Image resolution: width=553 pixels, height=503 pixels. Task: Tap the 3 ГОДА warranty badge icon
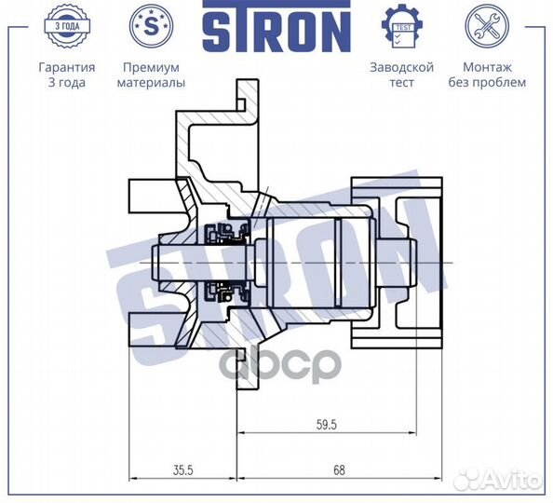pyautogui.click(x=66, y=26)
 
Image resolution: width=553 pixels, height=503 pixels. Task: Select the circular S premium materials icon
pyautogui.click(x=151, y=26)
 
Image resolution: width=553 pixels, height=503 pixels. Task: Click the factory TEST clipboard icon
pyautogui.click(x=402, y=26)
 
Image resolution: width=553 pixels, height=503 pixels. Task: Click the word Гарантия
pyautogui.click(x=66, y=68)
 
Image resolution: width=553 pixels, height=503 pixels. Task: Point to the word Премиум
pyautogui.click(x=151, y=68)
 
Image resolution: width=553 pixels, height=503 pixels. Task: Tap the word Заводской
pyautogui.click(x=402, y=68)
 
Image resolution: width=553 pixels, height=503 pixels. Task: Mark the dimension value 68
pyautogui.click(x=337, y=470)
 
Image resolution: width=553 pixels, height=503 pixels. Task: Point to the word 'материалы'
pyautogui.click(x=151, y=82)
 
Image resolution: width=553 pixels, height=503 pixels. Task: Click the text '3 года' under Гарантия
pyautogui.click(x=66, y=82)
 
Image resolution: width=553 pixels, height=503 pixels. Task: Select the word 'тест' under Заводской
pyautogui.click(x=402, y=82)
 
